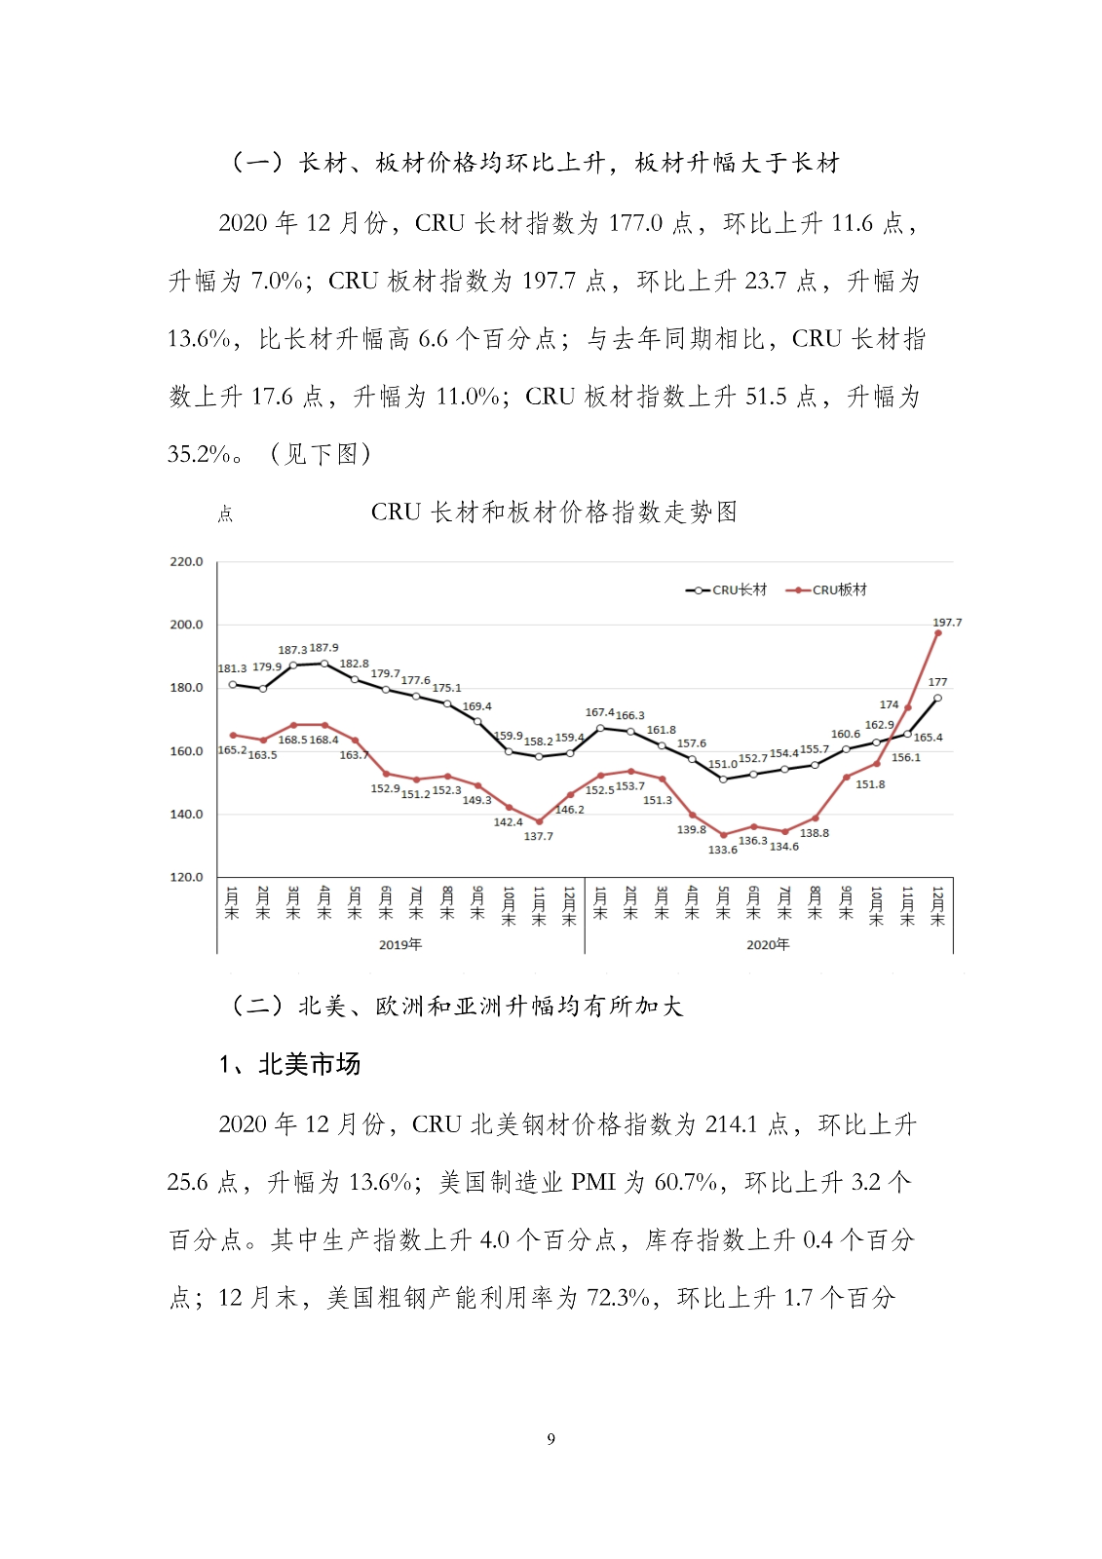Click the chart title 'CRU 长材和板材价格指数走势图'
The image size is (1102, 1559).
pos(553,513)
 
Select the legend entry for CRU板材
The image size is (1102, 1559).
pos(827,589)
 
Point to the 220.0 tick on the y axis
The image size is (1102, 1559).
pos(186,561)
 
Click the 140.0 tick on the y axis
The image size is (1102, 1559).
pos(186,814)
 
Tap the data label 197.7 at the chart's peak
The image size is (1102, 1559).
pos(946,622)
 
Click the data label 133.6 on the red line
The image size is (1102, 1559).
pos(722,850)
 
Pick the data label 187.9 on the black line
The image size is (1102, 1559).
pos(323,647)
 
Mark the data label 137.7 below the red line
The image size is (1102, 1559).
pos(538,836)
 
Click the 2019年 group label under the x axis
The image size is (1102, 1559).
pos(399,944)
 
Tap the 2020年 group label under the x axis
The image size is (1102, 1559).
pos(768,944)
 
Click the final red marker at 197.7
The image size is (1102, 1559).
pos(937,633)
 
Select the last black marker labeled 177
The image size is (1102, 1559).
pos(937,698)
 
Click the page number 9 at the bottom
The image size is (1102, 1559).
pos(551,1439)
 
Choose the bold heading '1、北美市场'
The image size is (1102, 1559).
pos(290,1064)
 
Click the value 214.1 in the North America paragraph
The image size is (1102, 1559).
pos(731,1124)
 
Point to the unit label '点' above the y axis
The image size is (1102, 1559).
pos(225,513)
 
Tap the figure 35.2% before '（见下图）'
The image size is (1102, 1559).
pos(199,454)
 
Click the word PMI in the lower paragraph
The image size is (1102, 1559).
pos(592,1182)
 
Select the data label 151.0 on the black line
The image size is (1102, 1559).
pos(722,764)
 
